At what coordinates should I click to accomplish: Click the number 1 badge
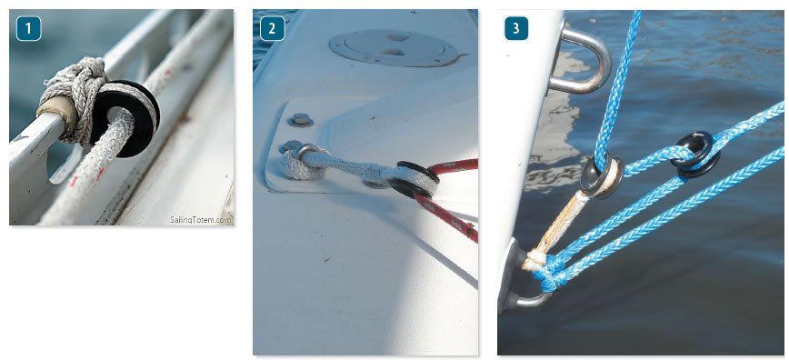(x=28, y=28)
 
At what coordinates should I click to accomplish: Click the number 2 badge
(x=272, y=28)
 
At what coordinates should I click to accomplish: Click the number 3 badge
(x=516, y=28)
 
